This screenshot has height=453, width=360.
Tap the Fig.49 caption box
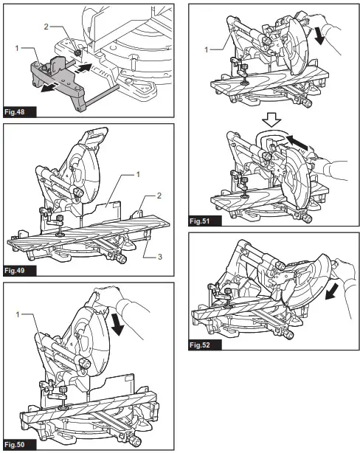tap(20, 271)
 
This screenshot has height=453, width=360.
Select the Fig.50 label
tap(20, 444)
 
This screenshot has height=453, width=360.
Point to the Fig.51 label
tap(205, 221)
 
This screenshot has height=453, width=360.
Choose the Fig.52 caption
tap(205, 345)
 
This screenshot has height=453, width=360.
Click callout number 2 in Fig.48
tap(46, 27)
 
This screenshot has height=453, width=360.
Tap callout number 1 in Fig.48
tap(17, 48)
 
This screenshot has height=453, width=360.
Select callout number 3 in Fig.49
tap(160, 257)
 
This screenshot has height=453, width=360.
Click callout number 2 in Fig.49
tap(159, 196)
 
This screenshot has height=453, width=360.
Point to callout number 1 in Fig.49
tap(138, 174)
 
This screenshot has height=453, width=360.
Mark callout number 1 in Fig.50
tap(18, 314)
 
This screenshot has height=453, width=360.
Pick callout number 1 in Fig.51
tap(207, 49)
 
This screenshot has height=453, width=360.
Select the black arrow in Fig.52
tap(331, 291)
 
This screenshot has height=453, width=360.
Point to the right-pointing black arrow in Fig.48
tap(83, 69)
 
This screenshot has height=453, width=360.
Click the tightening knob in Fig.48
tap(77, 52)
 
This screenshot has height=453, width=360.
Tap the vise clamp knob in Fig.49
tap(60, 218)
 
